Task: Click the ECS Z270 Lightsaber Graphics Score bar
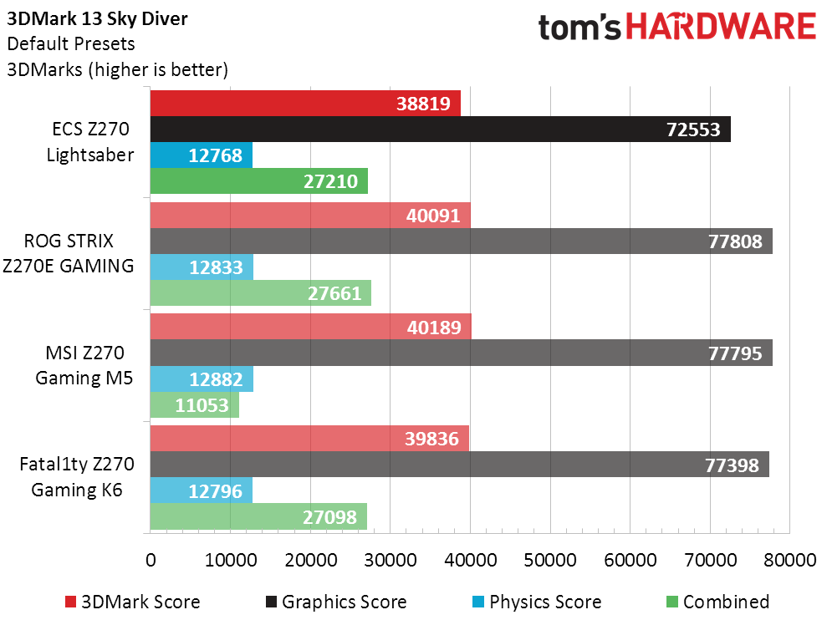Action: click(x=440, y=130)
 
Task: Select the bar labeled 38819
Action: click(x=305, y=104)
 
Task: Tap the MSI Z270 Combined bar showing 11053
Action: click(x=194, y=406)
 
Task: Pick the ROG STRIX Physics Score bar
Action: click(x=202, y=267)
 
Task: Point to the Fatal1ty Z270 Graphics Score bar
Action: click(x=459, y=465)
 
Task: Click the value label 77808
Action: click(x=733, y=242)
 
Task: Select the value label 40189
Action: click(x=432, y=328)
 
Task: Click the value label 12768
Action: click(x=215, y=155)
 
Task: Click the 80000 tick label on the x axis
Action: click(x=789, y=561)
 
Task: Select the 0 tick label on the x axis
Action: click(x=151, y=561)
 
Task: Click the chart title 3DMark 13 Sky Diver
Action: click(x=97, y=19)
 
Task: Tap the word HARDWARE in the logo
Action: click(x=721, y=27)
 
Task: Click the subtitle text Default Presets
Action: click(x=70, y=43)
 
